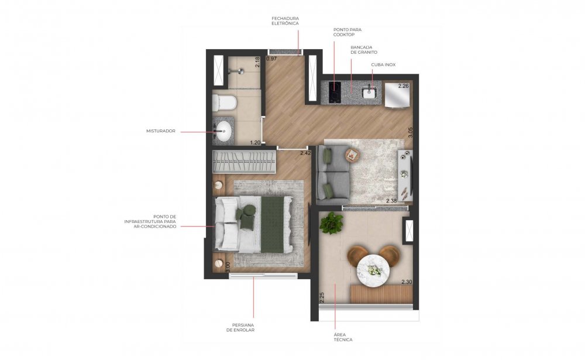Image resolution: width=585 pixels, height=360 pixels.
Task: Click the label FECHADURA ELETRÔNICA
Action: click(285, 21)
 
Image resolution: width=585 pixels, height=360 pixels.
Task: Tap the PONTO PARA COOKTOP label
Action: click(347, 32)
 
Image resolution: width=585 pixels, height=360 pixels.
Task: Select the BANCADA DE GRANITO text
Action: click(364, 50)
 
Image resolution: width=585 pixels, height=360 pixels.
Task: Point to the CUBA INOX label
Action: click(383, 64)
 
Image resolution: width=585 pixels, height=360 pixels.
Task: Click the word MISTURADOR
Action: click(161, 131)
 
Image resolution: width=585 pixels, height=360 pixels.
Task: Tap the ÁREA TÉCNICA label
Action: click(343, 337)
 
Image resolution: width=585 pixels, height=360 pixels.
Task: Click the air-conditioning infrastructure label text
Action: click(150, 221)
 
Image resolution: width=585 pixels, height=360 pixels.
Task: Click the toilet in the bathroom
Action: click(224, 102)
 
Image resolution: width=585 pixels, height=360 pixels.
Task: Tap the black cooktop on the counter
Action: click(335, 92)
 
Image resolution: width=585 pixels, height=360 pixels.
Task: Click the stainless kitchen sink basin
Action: click(369, 92)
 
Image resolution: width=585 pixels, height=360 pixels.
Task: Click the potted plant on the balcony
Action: click(331, 224)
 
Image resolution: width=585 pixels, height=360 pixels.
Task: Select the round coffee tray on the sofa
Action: click(352, 155)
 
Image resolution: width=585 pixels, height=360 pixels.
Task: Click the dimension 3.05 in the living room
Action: click(411, 133)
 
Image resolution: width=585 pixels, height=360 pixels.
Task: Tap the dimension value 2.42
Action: click(305, 153)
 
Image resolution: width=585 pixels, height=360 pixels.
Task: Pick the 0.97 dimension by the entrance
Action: click(271, 59)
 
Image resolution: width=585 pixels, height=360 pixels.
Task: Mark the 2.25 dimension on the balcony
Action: click(322, 297)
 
